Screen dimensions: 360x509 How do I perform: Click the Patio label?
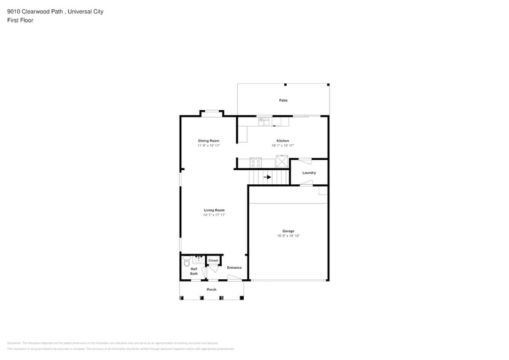[283, 100]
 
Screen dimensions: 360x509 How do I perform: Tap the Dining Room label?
[208, 141]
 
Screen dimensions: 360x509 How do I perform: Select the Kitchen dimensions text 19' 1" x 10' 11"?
[282, 146]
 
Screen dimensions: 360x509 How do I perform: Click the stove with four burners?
[255, 163]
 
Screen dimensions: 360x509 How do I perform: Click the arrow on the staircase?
[267, 177]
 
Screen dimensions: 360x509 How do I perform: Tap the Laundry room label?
[309, 173]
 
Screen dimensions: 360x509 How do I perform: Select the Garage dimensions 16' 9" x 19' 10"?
[288, 236]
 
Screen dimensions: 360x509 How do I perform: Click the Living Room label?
[214, 210]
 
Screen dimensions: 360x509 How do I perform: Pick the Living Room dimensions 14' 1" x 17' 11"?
[214, 215]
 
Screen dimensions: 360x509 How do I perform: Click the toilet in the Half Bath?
[187, 263]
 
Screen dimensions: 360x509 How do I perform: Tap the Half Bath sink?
[198, 260]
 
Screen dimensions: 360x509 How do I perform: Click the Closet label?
[213, 260]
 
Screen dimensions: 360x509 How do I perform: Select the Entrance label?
[234, 268]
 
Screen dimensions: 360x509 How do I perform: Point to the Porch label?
[211, 290]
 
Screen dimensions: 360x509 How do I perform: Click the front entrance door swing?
[233, 278]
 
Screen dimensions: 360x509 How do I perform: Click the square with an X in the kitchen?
[282, 161]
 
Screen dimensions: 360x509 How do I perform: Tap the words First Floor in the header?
[20, 20]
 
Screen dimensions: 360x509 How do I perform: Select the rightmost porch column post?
[241, 298]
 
